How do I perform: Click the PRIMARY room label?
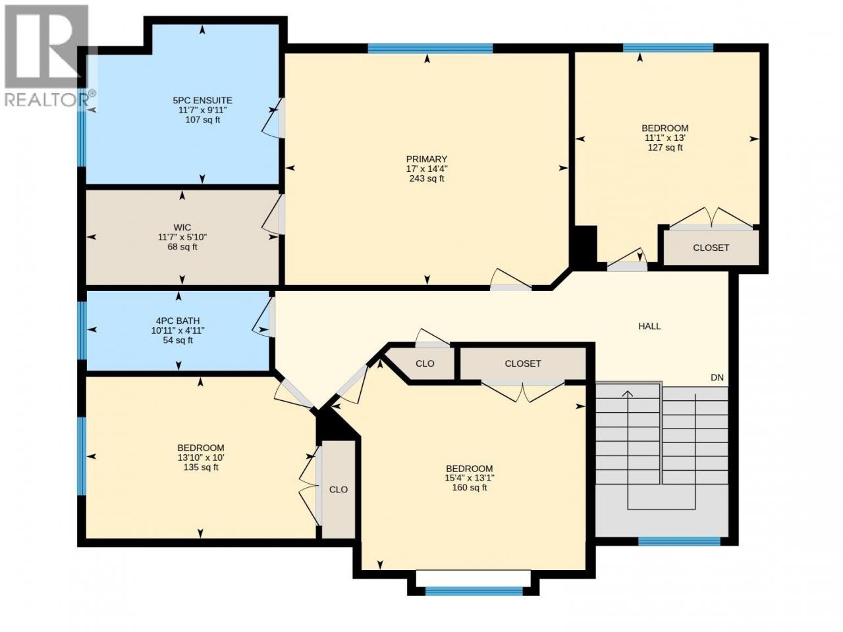tap(426, 159)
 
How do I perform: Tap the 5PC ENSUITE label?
tap(202, 101)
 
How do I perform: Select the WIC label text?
tap(182, 228)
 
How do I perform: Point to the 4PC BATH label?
tap(178, 321)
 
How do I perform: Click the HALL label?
tap(649, 327)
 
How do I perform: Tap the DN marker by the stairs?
tap(717, 378)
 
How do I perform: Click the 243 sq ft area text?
tap(427, 178)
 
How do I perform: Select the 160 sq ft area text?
tap(470, 488)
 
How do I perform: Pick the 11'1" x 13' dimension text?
tap(665, 138)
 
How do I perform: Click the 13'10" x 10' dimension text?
tap(201, 458)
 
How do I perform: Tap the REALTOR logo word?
tap(47, 100)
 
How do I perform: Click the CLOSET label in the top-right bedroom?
tap(711, 248)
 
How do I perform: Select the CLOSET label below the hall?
tap(523, 363)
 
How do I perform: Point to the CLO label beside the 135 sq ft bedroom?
tap(339, 490)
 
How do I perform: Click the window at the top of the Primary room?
tap(430, 48)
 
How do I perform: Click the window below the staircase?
tap(679, 541)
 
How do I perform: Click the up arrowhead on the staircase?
tap(628, 394)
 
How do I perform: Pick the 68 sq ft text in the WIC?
tap(182, 247)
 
